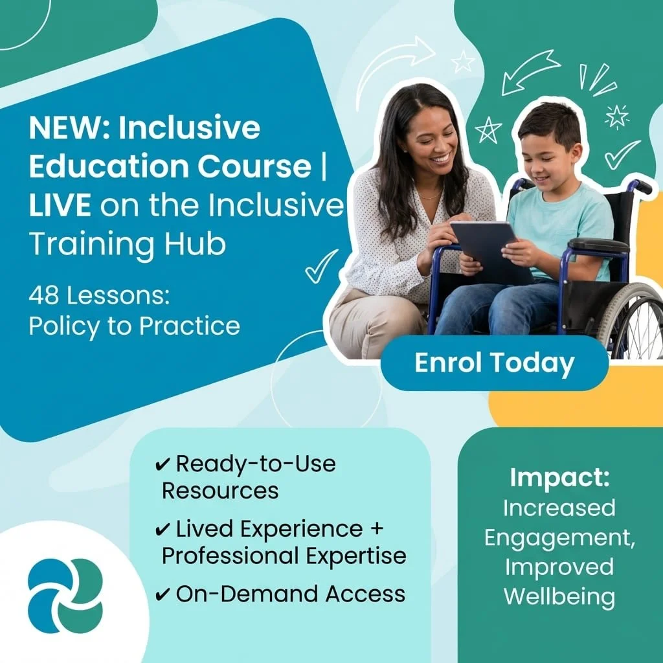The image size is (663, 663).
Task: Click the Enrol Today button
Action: tap(494, 363)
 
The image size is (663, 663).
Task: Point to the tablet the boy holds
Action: tap(489, 247)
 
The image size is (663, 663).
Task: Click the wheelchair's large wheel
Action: tap(631, 324)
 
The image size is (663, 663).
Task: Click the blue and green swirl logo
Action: tap(65, 595)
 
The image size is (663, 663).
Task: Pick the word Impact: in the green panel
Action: tap(559, 478)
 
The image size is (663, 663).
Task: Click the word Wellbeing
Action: tap(559, 596)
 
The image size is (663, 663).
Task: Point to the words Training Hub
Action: tap(128, 243)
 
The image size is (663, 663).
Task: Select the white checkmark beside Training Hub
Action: tap(321, 265)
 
